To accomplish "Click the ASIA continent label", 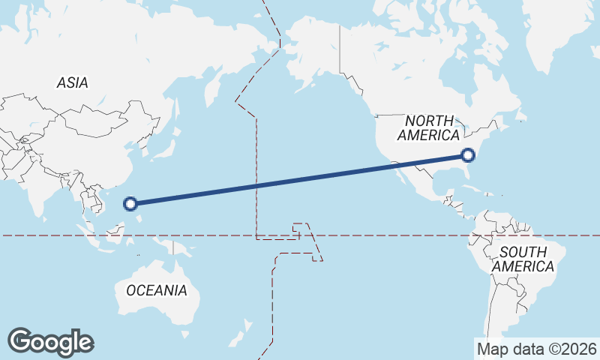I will point(72,83).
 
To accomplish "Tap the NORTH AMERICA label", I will point(428,128).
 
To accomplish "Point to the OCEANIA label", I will point(157,290).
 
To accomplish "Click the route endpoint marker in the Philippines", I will point(130,202).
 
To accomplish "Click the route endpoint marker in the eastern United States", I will point(468,155).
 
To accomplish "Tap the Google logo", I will point(50,342).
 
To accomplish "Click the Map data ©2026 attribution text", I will point(537,349).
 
